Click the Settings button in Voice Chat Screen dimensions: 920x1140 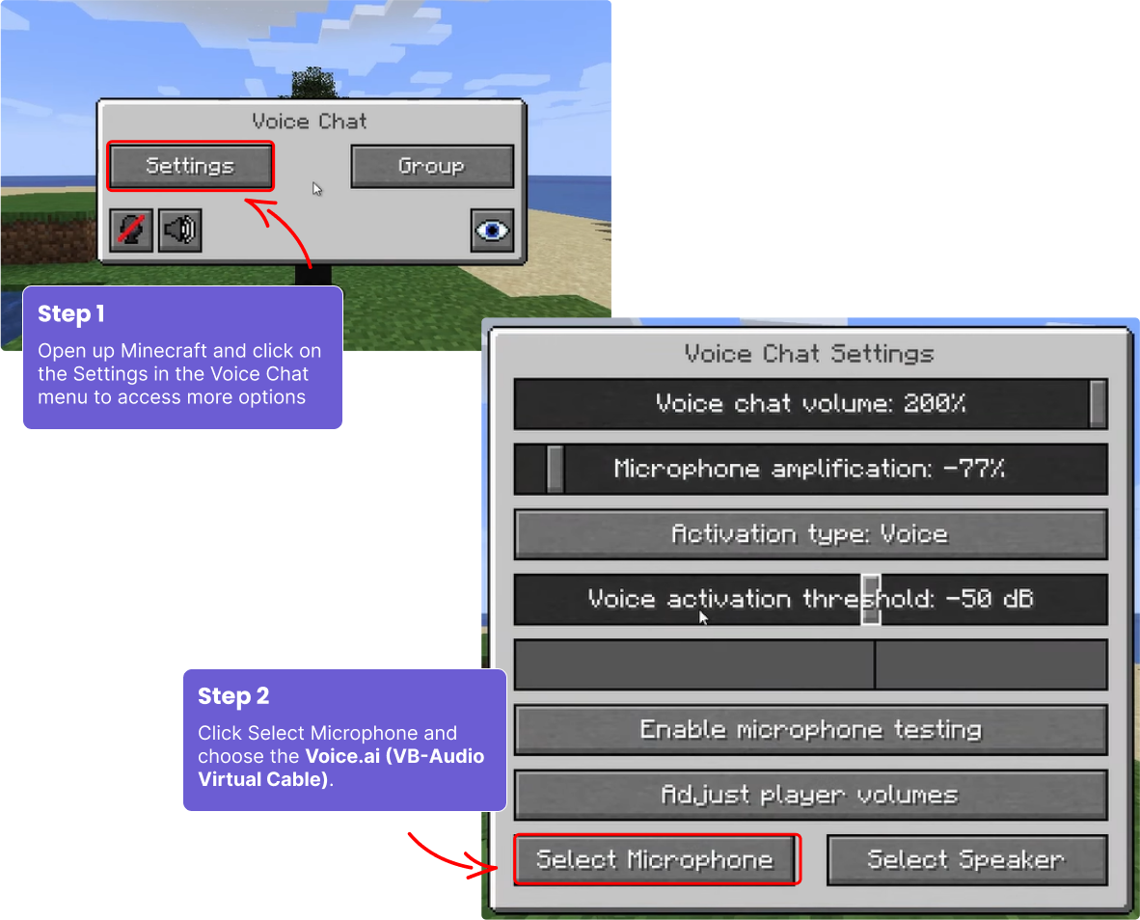[x=190, y=166]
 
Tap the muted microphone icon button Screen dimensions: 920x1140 [x=130, y=230]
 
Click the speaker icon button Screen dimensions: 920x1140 [x=179, y=230]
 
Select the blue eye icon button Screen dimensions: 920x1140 [x=492, y=230]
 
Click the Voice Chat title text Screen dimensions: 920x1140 [x=310, y=122]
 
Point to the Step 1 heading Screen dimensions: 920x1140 [x=71, y=314]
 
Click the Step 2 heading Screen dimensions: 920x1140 [x=233, y=696]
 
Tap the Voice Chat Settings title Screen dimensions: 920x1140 [x=809, y=354]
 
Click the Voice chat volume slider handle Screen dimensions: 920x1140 [x=1098, y=403]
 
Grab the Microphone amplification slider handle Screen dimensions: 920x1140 [x=555, y=469]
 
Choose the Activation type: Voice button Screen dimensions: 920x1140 [x=810, y=534]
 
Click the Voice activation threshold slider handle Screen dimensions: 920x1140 [x=871, y=599]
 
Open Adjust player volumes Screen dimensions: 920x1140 [x=810, y=795]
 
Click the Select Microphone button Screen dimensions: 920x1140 [x=656, y=859]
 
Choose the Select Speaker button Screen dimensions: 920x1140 [x=966, y=859]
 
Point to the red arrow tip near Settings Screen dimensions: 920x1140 [x=248, y=200]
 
